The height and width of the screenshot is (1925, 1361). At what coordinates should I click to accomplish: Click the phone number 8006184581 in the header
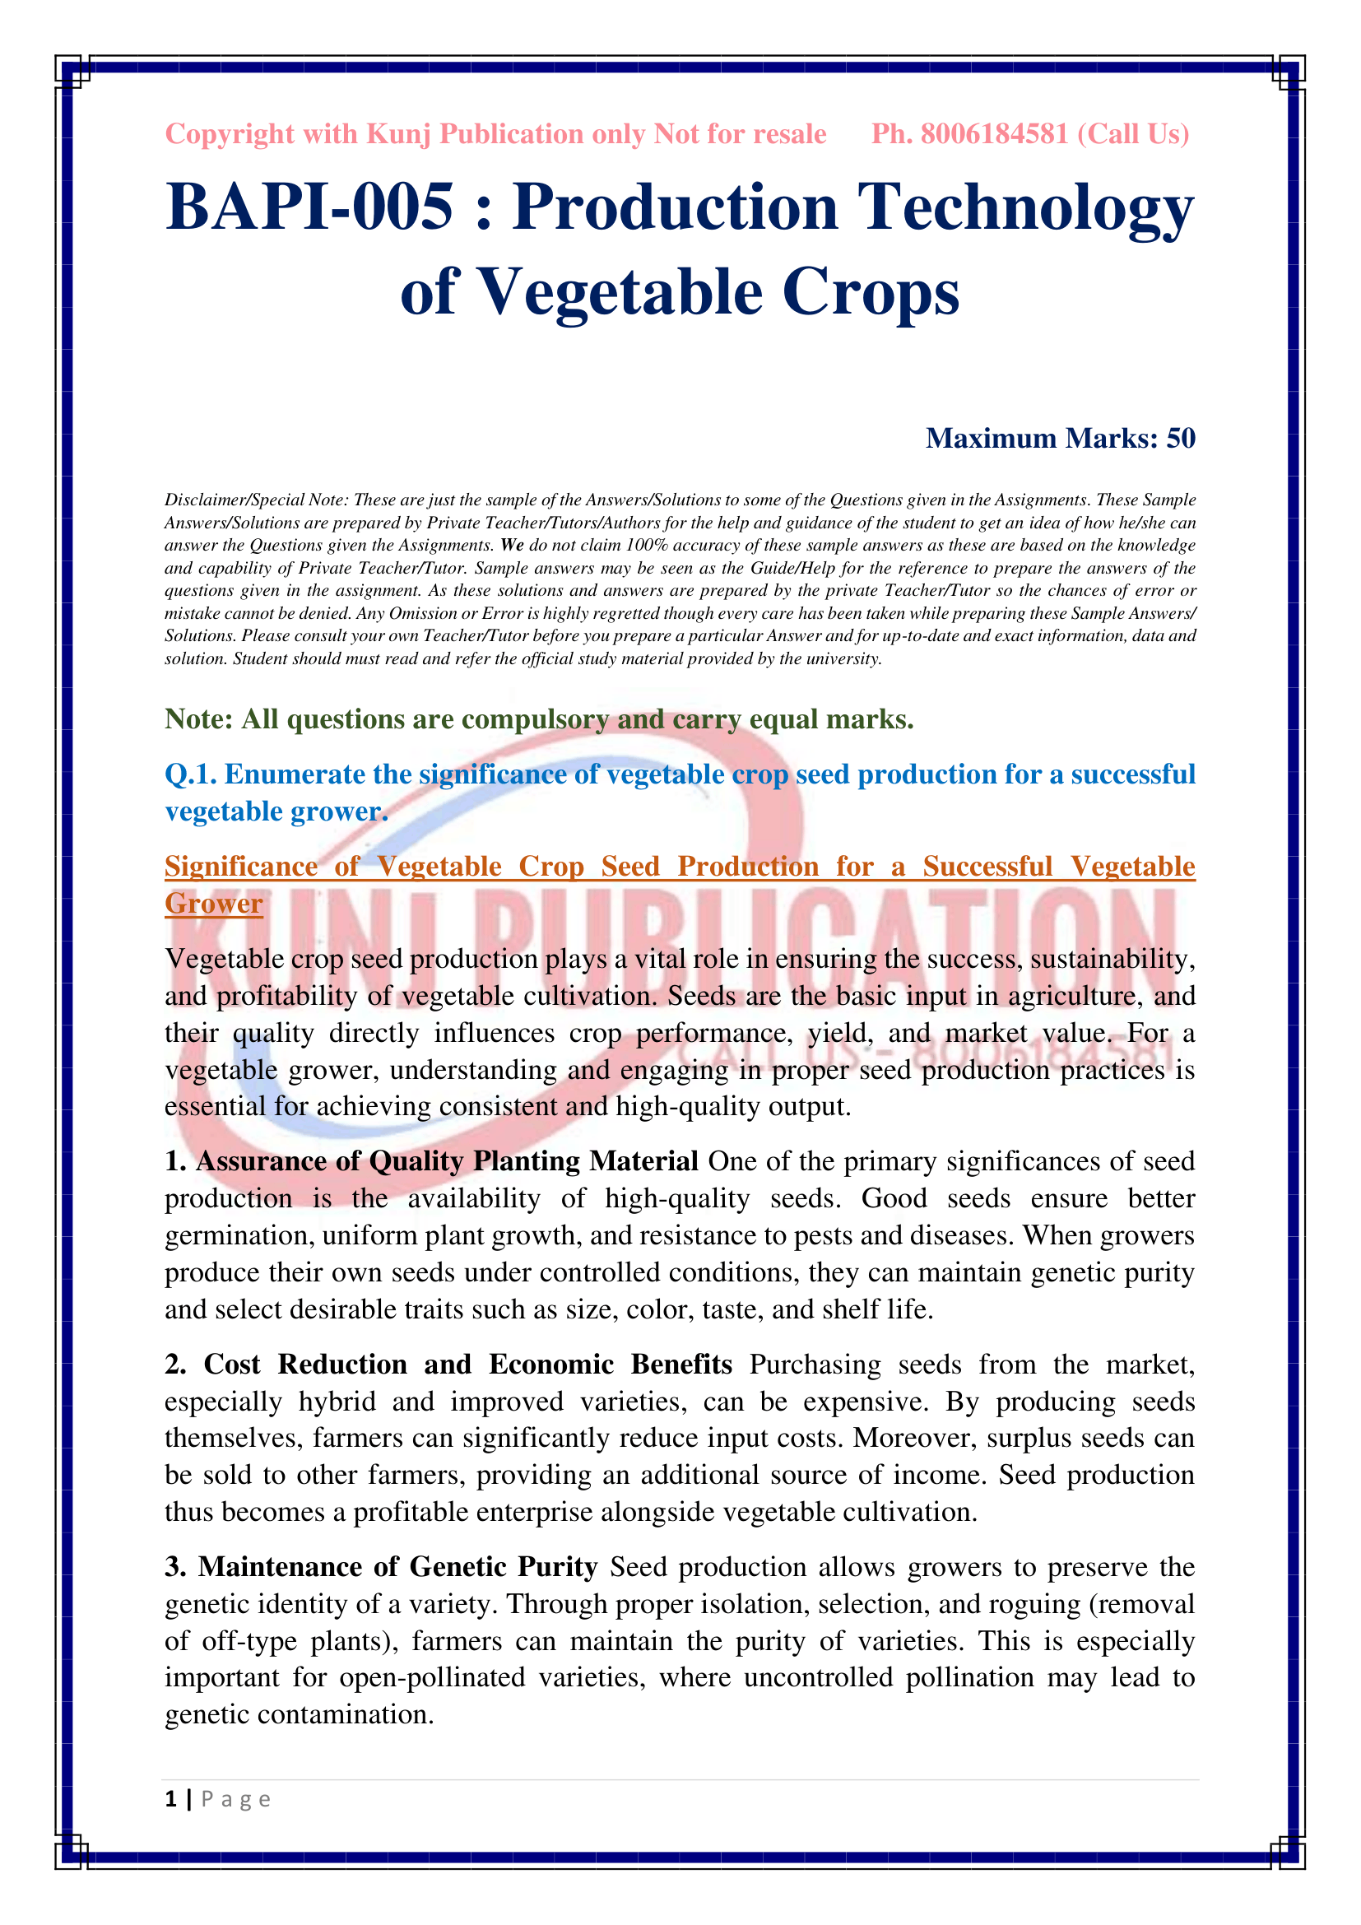994,134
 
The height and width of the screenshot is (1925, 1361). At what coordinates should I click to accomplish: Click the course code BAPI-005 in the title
309,207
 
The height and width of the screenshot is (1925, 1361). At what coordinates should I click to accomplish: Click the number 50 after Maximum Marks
1181,439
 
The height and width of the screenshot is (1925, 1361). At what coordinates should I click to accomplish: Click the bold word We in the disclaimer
511,546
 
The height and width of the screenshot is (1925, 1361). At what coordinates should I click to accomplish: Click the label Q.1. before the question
190,774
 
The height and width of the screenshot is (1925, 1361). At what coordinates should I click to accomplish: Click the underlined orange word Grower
214,903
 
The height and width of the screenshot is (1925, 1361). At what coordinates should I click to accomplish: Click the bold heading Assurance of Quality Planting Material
447,1161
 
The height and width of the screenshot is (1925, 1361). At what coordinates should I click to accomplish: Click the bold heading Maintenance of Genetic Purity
397,1567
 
